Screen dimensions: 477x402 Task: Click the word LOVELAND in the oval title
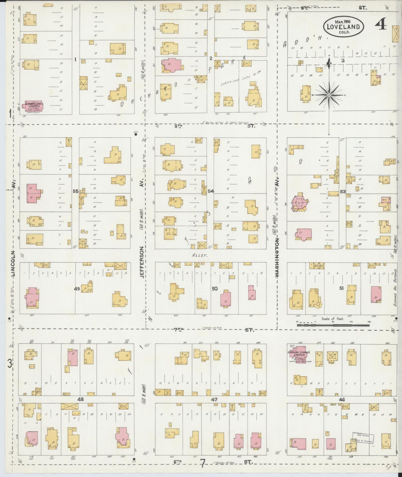click(343, 27)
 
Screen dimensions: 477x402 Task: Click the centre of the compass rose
click(329, 95)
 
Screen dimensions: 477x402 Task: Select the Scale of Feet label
click(333, 319)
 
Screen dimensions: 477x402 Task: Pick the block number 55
click(75, 191)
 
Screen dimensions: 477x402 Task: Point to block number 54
click(211, 191)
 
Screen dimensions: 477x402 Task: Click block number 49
click(77, 289)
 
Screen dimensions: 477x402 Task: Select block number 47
click(214, 399)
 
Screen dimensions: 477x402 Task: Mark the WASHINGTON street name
click(277, 259)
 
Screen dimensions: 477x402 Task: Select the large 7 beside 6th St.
click(203, 464)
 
